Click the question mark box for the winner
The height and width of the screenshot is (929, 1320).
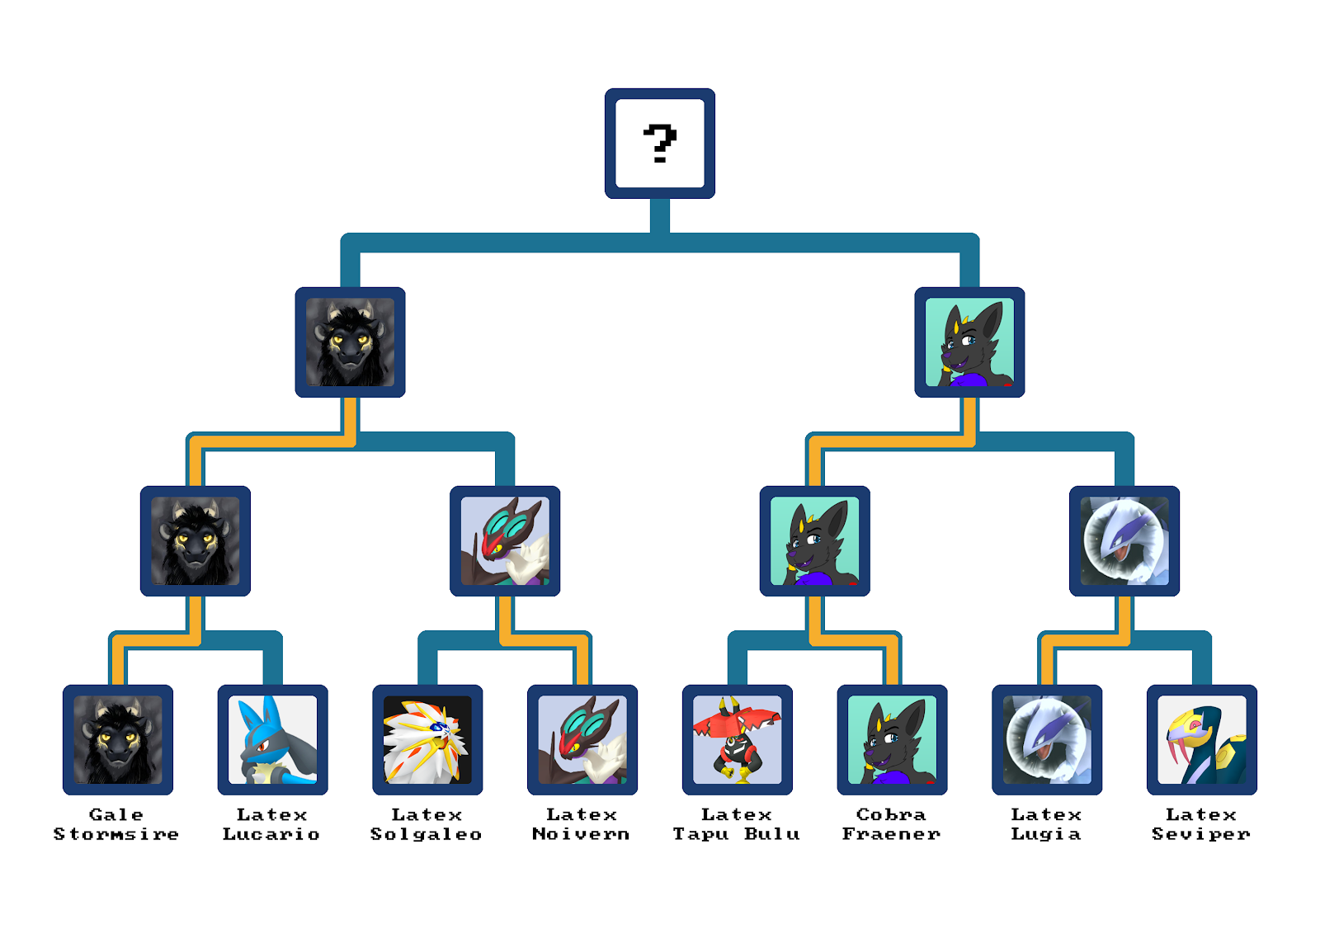[660, 144]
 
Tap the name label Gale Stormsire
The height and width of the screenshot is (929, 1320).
[116, 824]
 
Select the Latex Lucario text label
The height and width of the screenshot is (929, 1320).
[271, 824]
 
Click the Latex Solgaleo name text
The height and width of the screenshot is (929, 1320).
[427, 824]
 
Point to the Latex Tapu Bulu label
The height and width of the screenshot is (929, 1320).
[737, 824]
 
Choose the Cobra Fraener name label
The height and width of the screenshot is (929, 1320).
[892, 824]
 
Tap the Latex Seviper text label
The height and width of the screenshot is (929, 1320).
[1201, 824]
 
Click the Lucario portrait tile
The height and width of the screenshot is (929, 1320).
[272, 740]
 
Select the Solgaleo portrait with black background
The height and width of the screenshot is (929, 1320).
[427, 740]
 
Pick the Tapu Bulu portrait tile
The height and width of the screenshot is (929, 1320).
[738, 740]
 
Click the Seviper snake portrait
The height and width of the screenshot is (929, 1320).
[1202, 740]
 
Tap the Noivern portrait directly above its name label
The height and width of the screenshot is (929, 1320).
[582, 740]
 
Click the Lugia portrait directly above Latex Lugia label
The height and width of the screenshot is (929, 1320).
[1047, 740]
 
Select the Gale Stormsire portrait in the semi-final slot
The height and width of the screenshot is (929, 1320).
[351, 342]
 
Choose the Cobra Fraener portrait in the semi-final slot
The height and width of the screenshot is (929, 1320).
[969, 342]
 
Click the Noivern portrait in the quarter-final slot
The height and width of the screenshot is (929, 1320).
[505, 541]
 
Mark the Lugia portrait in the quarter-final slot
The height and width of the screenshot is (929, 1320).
[1124, 541]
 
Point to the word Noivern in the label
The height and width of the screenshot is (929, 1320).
[581, 834]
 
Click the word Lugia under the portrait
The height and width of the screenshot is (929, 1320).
[1046, 834]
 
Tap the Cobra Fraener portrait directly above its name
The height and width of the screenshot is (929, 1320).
[892, 740]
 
